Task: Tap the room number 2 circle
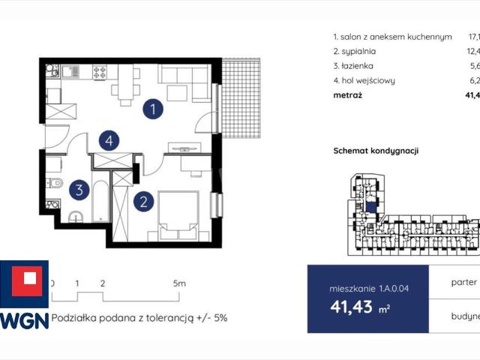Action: coord(142,200)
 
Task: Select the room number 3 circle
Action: coord(79,190)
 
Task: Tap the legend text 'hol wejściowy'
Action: coord(364,80)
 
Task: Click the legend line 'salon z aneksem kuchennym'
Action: coord(392,36)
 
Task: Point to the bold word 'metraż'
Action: coord(346,95)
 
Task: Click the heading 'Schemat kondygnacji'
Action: coord(376,151)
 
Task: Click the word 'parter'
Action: coord(465,283)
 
